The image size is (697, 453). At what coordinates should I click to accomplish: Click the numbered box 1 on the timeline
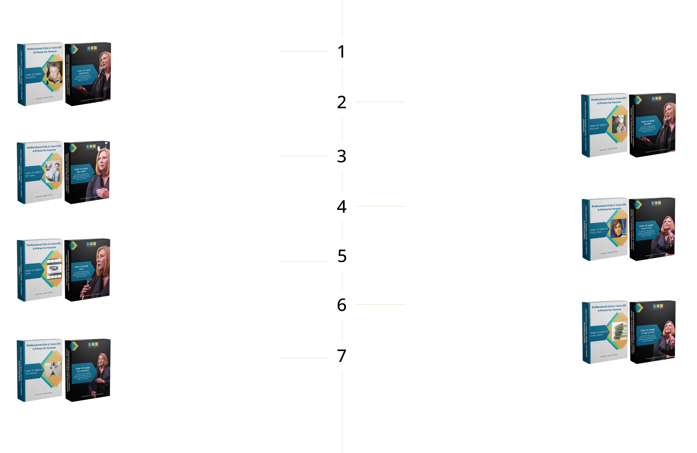coord(342,52)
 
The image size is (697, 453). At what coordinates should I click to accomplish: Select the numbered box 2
coord(342,102)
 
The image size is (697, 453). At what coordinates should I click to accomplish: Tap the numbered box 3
coord(342,156)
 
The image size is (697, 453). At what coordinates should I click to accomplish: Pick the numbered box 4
coord(342,206)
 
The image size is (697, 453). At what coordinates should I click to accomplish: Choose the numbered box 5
coord(342,256)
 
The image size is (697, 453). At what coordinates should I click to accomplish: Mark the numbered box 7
coord(342,355)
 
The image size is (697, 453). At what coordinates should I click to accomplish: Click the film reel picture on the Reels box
coord(55,268)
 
